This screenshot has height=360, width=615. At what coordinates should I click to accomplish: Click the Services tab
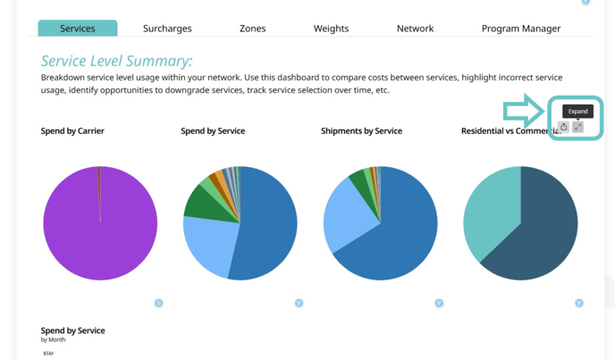[x=78, y=29]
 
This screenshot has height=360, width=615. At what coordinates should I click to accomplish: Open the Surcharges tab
[x=167, y=29]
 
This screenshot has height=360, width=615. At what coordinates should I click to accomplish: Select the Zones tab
[x=252, y=29]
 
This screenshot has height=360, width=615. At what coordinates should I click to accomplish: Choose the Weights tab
[x=331, y=29]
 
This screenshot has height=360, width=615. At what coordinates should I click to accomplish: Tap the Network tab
[x=415, y=29]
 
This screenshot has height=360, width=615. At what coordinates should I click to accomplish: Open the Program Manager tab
[x=520, y=29]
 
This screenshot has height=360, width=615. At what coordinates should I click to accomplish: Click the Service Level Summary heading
[x=116, y=61]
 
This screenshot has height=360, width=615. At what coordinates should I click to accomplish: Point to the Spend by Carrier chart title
[x=72, y=131]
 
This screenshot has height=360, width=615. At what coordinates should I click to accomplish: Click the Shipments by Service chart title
[x=361, y=131]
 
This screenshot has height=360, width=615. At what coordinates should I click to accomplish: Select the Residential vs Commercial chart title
[x=505, y=131]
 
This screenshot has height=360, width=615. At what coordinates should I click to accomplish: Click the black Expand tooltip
[x=577, y=112]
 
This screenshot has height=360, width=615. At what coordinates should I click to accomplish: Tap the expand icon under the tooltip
[x=577, y=127]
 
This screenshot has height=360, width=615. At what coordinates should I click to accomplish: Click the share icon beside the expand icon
[x=563, y=127]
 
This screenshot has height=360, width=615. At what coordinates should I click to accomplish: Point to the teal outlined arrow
[x=523, y=112]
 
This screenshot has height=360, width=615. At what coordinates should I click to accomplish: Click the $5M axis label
[x=48, y=354]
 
